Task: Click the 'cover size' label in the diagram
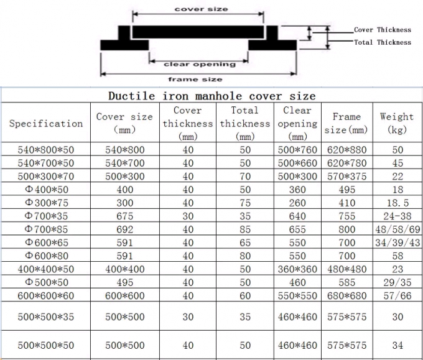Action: (202, 9)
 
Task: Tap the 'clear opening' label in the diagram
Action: (200, 64)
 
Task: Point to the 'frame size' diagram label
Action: (195, 80)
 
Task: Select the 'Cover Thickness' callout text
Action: (383, 30)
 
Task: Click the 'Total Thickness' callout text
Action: (383, 42)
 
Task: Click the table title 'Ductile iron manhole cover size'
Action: (211, 96)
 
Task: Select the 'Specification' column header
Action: (46, 124)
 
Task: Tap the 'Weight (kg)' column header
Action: (397, 123)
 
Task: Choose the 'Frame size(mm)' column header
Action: (346, 123)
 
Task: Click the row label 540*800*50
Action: (46, 150)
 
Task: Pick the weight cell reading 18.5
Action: (398, 203)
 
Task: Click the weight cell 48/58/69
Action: (397, 229)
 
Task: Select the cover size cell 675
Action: (125, 216)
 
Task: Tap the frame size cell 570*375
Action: (347, 177)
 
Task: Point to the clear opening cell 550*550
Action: (297, 296)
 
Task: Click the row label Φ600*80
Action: (47, 256)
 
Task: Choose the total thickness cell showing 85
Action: (245, 229)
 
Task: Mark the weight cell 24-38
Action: (397, 216)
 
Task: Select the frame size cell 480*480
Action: (347, 269)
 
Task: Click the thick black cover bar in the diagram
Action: (198, 32)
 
